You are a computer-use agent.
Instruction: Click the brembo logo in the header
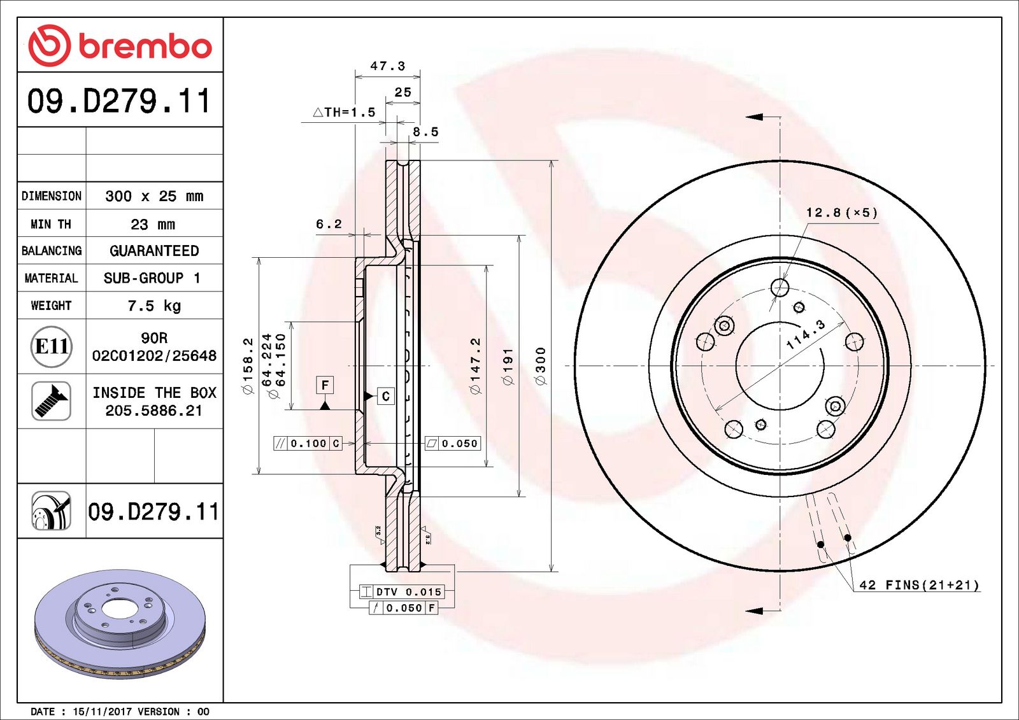[120, 46]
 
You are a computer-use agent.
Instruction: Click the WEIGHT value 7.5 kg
[154, 306]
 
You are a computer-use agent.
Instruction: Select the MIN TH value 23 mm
[153, 224]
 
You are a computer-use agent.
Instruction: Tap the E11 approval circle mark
[51, 346]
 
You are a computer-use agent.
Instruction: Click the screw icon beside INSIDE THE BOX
[51, 400]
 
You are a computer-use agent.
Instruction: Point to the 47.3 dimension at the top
[387, 66]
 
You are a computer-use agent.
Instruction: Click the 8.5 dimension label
[425, 132]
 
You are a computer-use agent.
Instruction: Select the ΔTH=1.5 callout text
[345, 112]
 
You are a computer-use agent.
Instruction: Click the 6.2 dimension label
[329, 223]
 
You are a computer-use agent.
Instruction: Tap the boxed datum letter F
[325, 385]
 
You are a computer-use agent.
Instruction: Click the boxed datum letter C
[385, 396]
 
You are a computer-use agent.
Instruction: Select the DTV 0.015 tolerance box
[401, 591]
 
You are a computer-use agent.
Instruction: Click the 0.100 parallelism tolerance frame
[308, 443]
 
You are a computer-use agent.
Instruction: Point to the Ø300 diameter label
[541, 365]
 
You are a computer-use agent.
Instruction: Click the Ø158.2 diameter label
[248, 365]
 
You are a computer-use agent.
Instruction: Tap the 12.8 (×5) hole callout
[841, 213]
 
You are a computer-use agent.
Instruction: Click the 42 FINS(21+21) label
[918, 584]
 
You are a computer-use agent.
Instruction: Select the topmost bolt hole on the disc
[780, 288]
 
